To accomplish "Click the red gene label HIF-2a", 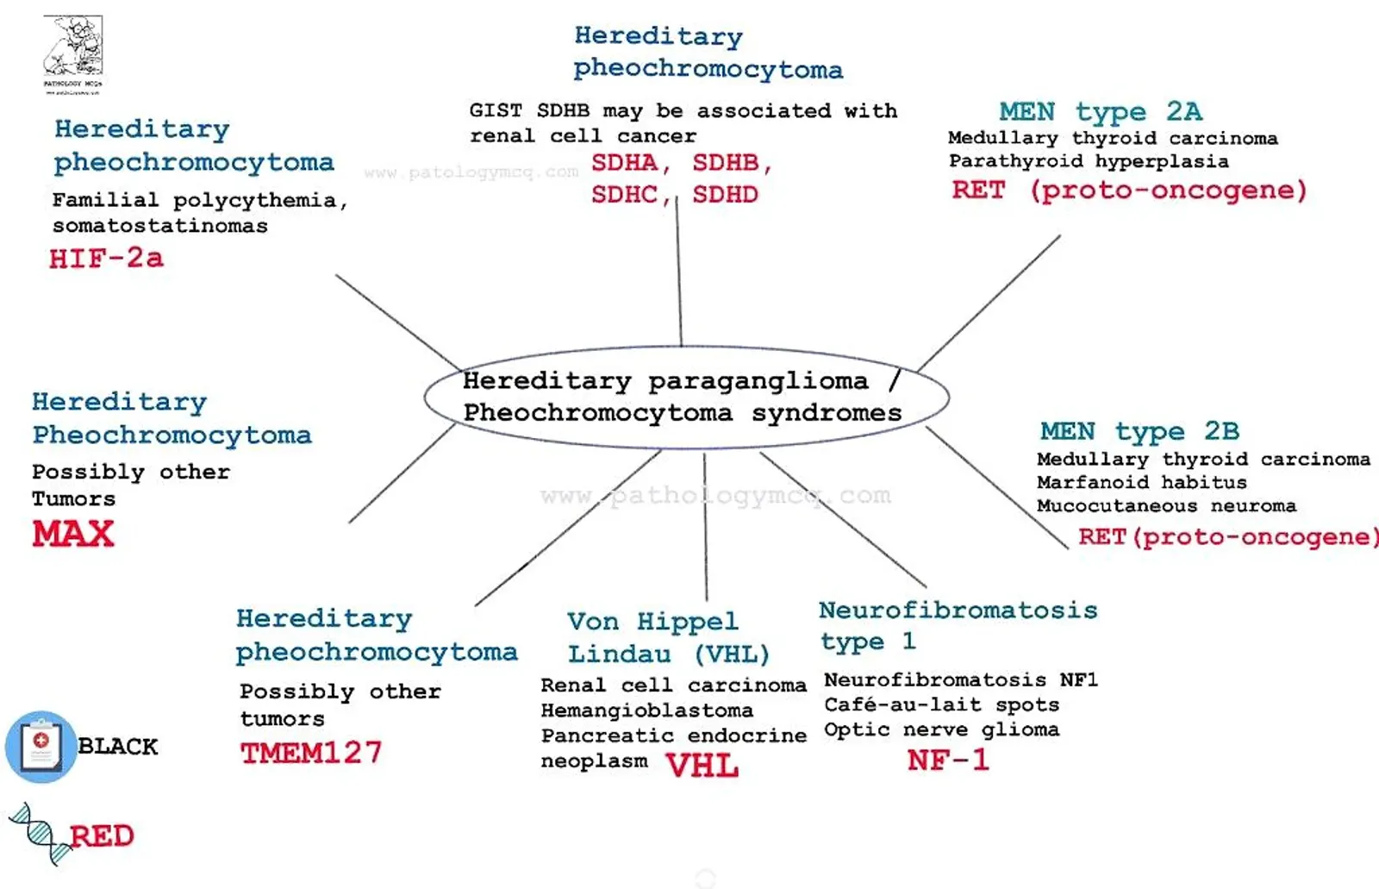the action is coord(107,258).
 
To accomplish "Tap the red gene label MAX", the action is coord(73,534).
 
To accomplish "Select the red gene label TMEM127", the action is coord(311,753).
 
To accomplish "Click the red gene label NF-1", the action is coord(948,760).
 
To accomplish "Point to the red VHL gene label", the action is coord(702,766).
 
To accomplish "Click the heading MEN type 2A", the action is coord(1101,111).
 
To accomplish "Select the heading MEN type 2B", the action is coord(1139,431).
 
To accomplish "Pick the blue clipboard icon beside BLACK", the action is coord(41,747).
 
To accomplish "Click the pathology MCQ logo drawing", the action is coord(72,54).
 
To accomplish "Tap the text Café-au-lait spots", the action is coord(941,704).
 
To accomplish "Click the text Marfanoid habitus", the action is coord(1141,482).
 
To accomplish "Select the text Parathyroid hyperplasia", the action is coord(1089,161).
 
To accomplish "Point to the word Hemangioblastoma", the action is coord(647,711).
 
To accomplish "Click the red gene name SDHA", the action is coord(624,163).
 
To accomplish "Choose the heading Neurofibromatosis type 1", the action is coord(958,625).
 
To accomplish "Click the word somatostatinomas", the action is coord(160,226).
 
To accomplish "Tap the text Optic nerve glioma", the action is coord(941,729).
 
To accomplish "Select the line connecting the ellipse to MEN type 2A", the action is coord(989,303).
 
